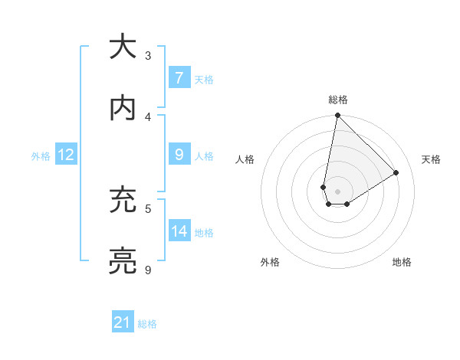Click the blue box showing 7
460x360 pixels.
pos(179,77)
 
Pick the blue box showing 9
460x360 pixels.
pos(179,155)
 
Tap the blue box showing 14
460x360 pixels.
pos(179,231)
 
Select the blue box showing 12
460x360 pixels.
pos(65,155)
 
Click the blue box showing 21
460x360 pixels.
pos(123,322)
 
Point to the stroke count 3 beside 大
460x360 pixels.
pos(148,55)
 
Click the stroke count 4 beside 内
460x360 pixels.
pos(148,116)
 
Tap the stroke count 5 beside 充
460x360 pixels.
pos(148,208)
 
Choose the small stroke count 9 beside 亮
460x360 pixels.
pos(148,270)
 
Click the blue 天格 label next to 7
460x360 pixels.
pos(204,79)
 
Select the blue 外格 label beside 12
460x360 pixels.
pos(41,155)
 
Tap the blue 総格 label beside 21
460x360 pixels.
pos(147,324)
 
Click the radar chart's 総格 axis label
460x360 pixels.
pos(338,100)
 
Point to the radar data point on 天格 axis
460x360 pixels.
pos(396,173)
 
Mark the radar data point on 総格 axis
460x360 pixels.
pos(337,116)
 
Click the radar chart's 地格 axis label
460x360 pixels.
pos(402,262)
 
